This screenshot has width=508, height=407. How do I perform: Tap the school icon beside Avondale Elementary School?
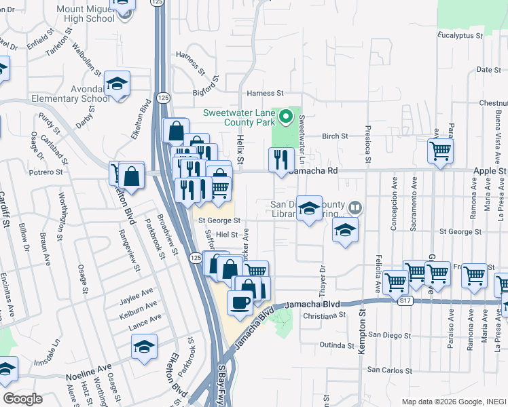coord(117,83)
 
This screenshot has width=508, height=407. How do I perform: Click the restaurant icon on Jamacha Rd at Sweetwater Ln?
coord(280,159)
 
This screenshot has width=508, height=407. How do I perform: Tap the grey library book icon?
coord(354,206)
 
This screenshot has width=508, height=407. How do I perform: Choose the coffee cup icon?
coord(240,302)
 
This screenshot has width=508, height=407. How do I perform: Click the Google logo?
coord(22,398)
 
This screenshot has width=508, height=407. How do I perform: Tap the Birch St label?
coord(335,136)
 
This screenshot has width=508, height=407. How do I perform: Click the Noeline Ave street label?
coord(88,374)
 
